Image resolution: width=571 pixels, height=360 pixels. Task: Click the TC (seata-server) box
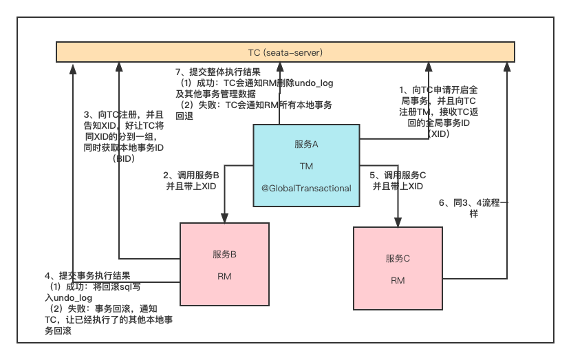[x=285, y=52]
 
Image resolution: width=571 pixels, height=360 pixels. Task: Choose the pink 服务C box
[x=398, y=268]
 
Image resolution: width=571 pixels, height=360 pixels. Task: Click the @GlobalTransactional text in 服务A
[x=306, y=188]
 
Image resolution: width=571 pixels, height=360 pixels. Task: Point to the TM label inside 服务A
[x=306, y=166]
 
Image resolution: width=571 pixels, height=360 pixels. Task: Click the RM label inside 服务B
[x=224, y=276]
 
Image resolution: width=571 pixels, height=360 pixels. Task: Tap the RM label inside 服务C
[x=398, y=280]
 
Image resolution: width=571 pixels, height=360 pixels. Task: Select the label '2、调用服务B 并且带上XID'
[x=191, y=181]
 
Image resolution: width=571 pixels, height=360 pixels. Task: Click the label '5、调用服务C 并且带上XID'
[x=398, y=181]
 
